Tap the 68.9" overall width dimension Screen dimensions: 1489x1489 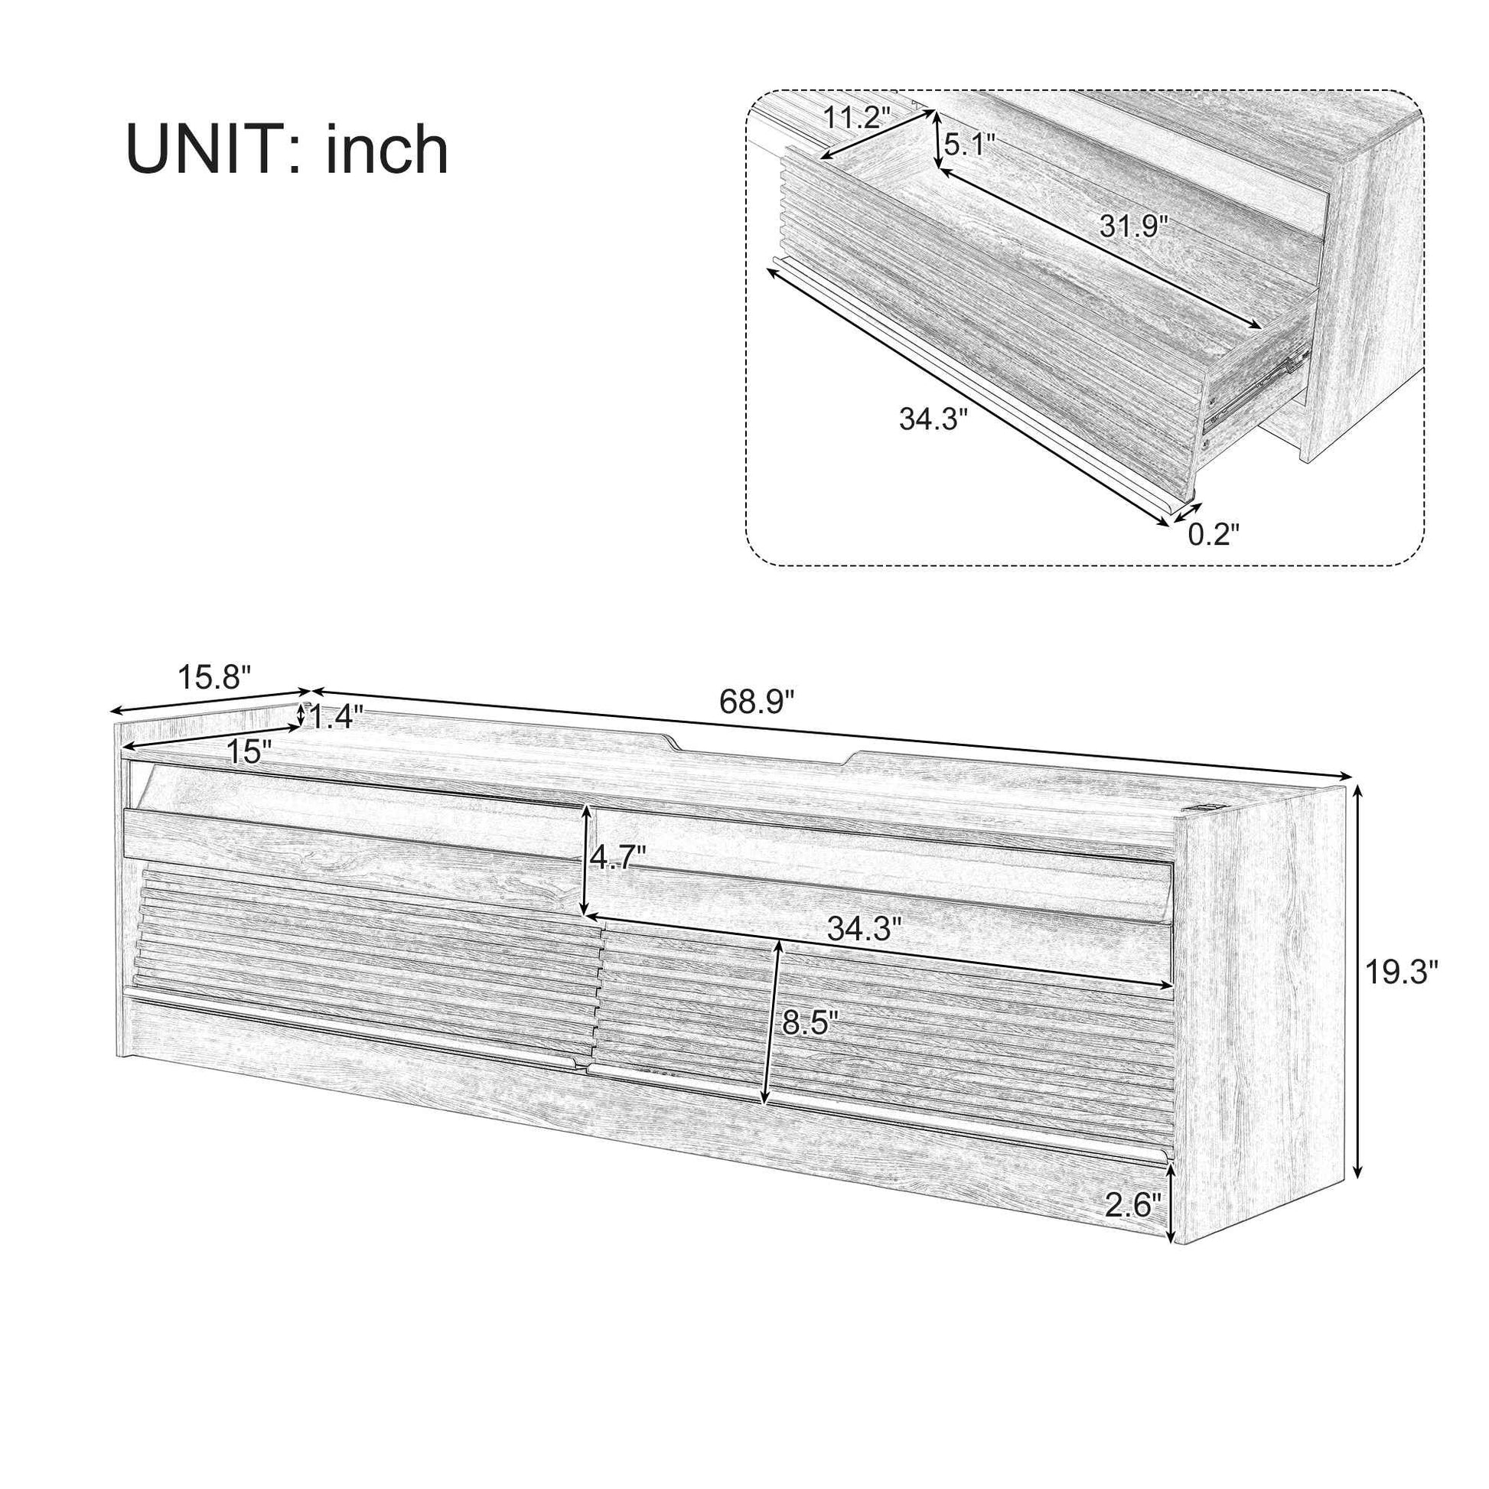(756, 702)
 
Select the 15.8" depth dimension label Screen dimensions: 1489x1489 (215, 677)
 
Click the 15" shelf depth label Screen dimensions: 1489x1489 (249, 751)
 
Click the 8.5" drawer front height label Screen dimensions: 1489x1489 (810, 1023)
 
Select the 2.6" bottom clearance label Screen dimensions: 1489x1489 (1132, 1204)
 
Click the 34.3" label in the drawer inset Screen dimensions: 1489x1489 (933, 419)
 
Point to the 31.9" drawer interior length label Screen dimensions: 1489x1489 (1134, 226)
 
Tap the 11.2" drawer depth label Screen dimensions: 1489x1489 (856, 118)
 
